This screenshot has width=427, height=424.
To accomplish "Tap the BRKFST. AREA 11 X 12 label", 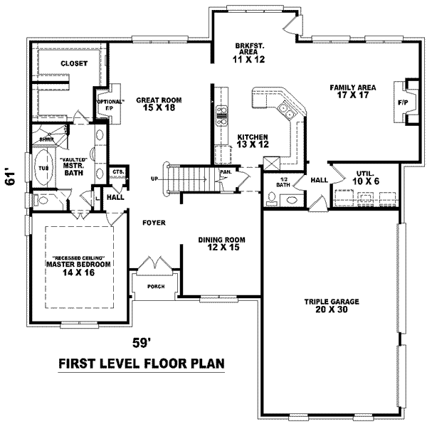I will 250,53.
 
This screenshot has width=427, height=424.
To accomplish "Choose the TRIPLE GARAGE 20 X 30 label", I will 332,306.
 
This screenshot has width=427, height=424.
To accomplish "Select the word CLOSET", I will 73,63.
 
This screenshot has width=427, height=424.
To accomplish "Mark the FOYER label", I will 153,223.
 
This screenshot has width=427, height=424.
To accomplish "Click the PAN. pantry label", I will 224,172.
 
